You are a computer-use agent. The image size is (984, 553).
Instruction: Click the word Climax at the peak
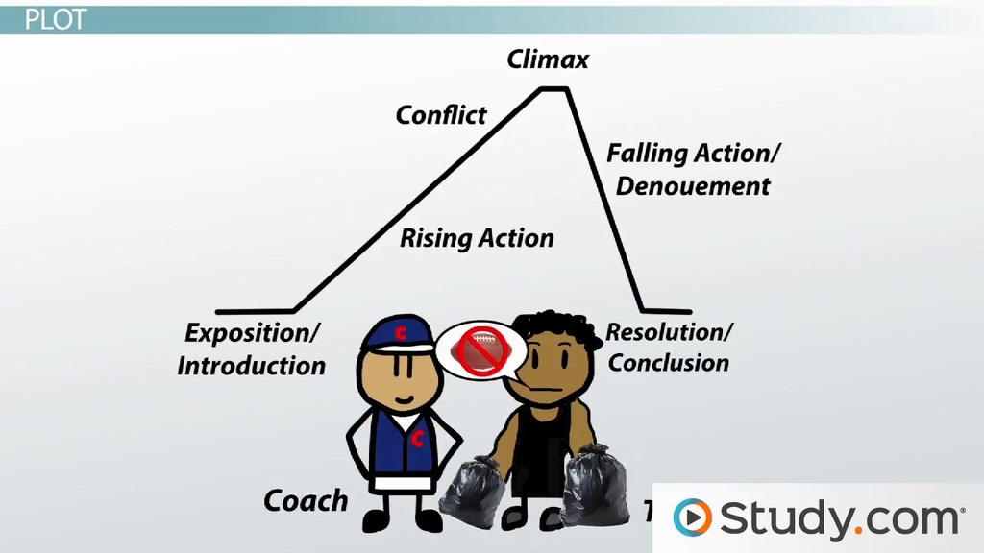pyautogui.click(x=548, y=60)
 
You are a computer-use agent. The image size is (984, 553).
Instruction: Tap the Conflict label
pyautogui.click(x=441, y=115)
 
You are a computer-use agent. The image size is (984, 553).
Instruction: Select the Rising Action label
pyautogui.click(x=477, y=237)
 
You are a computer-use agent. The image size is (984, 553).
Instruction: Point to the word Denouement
pyautogui.click(x=692, y=185)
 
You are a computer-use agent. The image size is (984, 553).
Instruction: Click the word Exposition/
pyautogui.click(x=253, y=333)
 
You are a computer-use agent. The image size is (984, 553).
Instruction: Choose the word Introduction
pyautogui.click(x=252, y=366)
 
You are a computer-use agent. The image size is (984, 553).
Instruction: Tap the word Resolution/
pyautogui.click(x=669, y=332)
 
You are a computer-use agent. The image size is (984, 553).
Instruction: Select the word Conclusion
pyautogui.click(x=669, y=363)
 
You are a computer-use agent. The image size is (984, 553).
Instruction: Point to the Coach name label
pyautogui.click(x=306, y=500)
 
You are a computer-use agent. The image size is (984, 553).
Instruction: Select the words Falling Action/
pyautogui.click(x=694, y=153)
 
